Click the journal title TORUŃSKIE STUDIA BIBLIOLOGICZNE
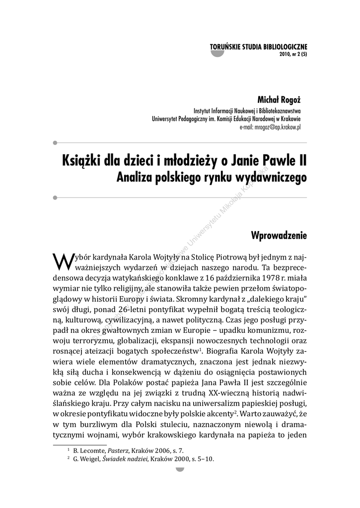click(259, 48)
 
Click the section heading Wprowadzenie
click(280, 235)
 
